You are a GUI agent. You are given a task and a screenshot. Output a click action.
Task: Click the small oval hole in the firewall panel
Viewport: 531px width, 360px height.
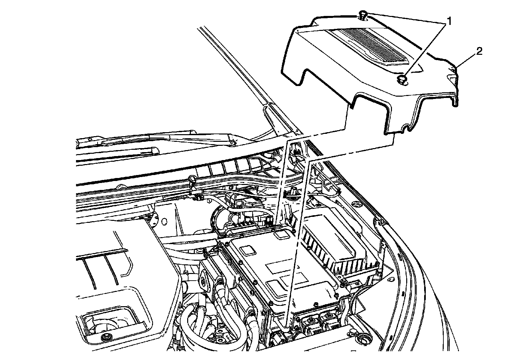coord(163,221)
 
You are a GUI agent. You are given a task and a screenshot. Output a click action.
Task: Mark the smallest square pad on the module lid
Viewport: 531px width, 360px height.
coord(282,235)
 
